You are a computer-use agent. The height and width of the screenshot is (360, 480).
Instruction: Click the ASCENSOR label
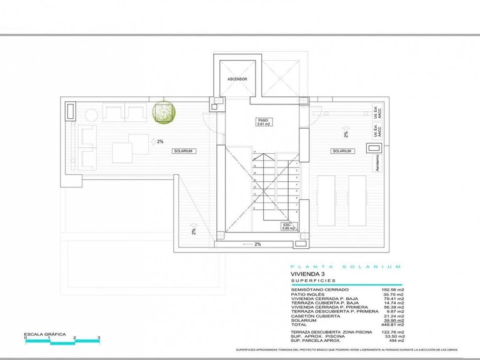tap(237, 79)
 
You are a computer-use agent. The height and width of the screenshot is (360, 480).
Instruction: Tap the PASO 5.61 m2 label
tap(262, 122)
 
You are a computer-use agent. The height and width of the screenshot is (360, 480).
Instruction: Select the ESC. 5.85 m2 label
tap(287, 226)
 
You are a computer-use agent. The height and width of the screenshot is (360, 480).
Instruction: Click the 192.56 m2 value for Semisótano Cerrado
tap(392, 290)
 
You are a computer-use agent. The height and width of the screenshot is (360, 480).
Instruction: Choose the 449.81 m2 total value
tap(392, 324)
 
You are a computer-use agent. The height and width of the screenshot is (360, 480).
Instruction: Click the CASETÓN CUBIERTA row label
tap(312, 316)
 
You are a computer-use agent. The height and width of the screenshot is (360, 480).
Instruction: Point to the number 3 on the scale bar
tap(99, 338)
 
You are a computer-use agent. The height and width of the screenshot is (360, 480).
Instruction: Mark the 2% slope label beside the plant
tap(160, 142)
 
